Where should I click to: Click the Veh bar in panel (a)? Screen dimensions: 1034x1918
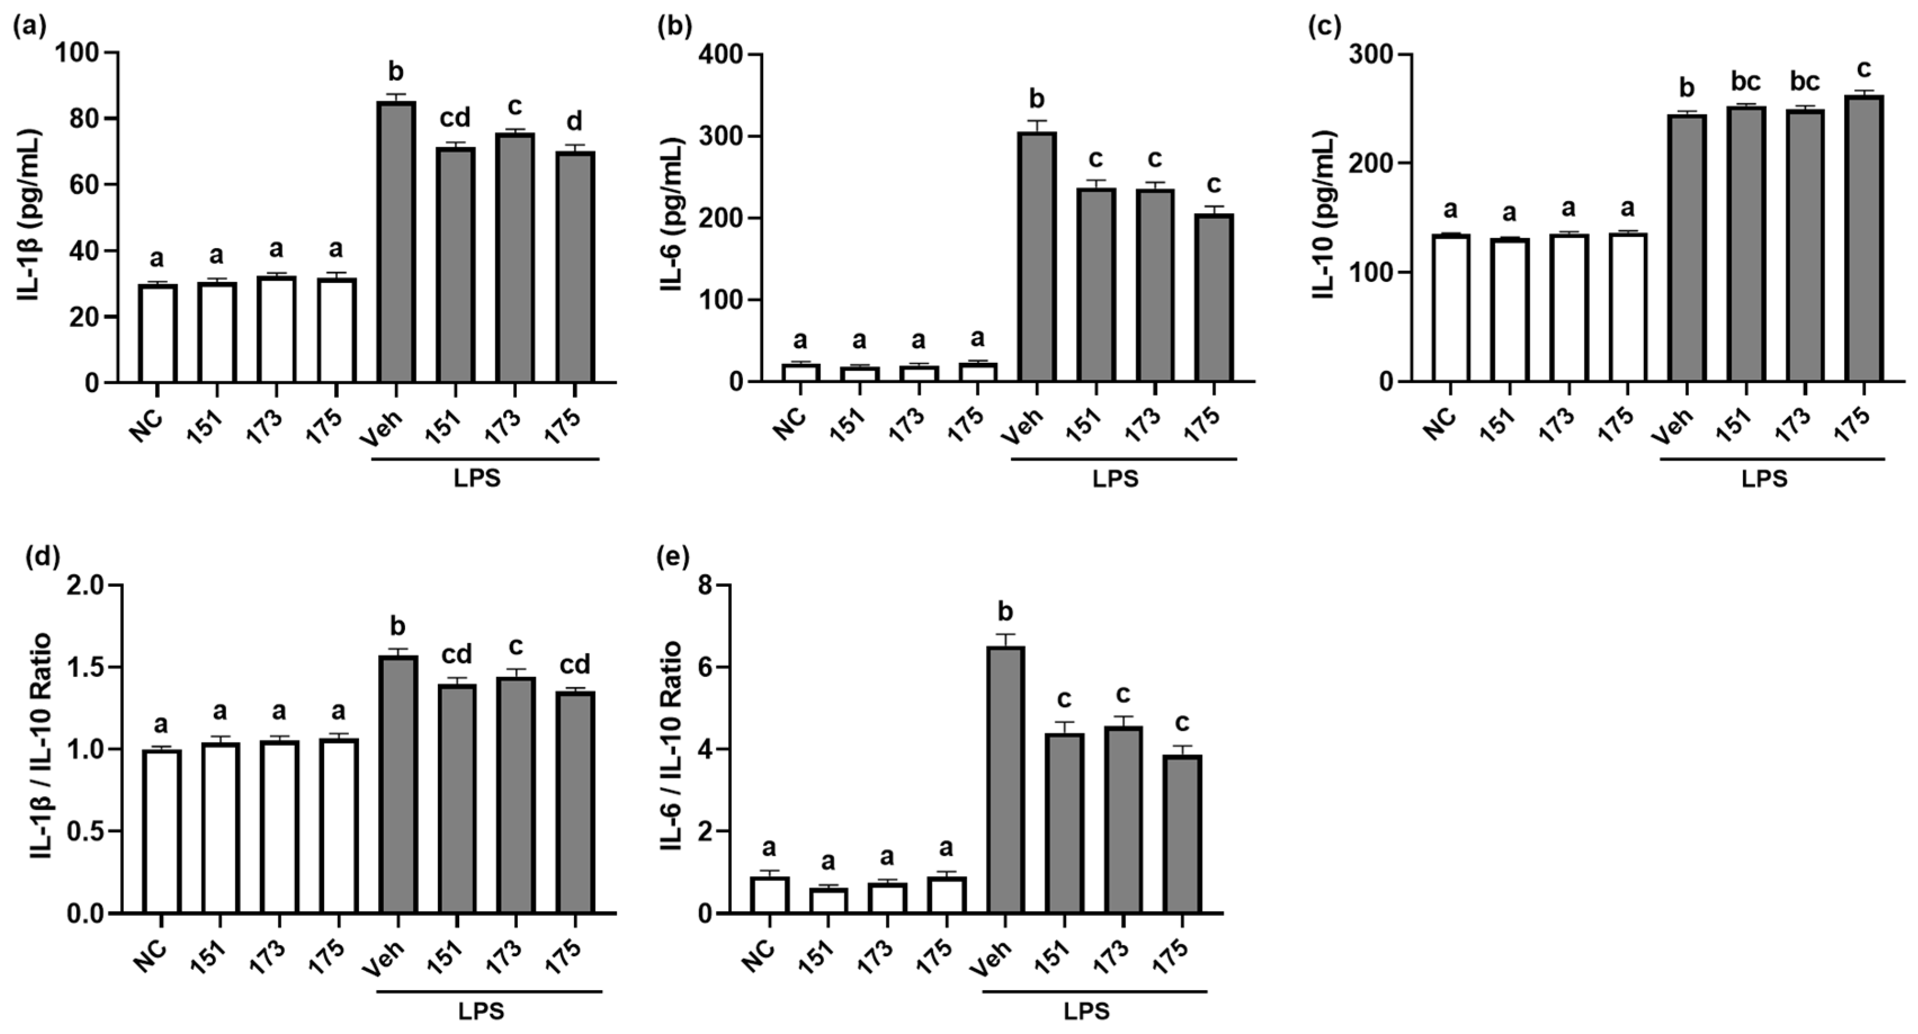396,242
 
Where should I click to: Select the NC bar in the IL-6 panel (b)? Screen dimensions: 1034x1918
800,372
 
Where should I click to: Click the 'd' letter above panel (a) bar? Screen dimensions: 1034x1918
575,122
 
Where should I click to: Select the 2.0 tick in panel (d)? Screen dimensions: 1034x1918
87,586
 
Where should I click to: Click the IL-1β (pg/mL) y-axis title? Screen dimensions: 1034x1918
30,216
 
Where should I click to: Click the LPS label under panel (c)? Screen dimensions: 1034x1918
1764,479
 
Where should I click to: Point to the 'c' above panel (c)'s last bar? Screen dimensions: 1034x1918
1863,69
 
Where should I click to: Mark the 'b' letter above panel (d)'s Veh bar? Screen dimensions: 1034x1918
397,626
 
